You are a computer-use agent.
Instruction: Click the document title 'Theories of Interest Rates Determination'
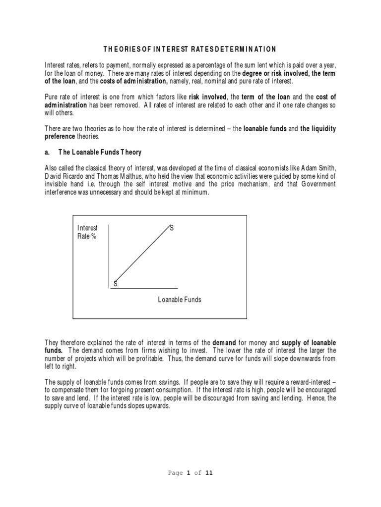pos(190,49)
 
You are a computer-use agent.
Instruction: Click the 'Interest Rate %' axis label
pos(87,232)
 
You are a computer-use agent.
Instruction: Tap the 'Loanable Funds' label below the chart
pos(180,300)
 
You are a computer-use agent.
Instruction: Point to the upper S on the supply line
pos(172,228)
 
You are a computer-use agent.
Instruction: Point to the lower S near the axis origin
pos(116,284)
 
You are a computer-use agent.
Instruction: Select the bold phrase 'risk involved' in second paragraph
pos(207,97)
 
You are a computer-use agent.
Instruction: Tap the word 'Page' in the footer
pos(175,473)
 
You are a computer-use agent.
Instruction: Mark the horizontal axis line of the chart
pos(144,288)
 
